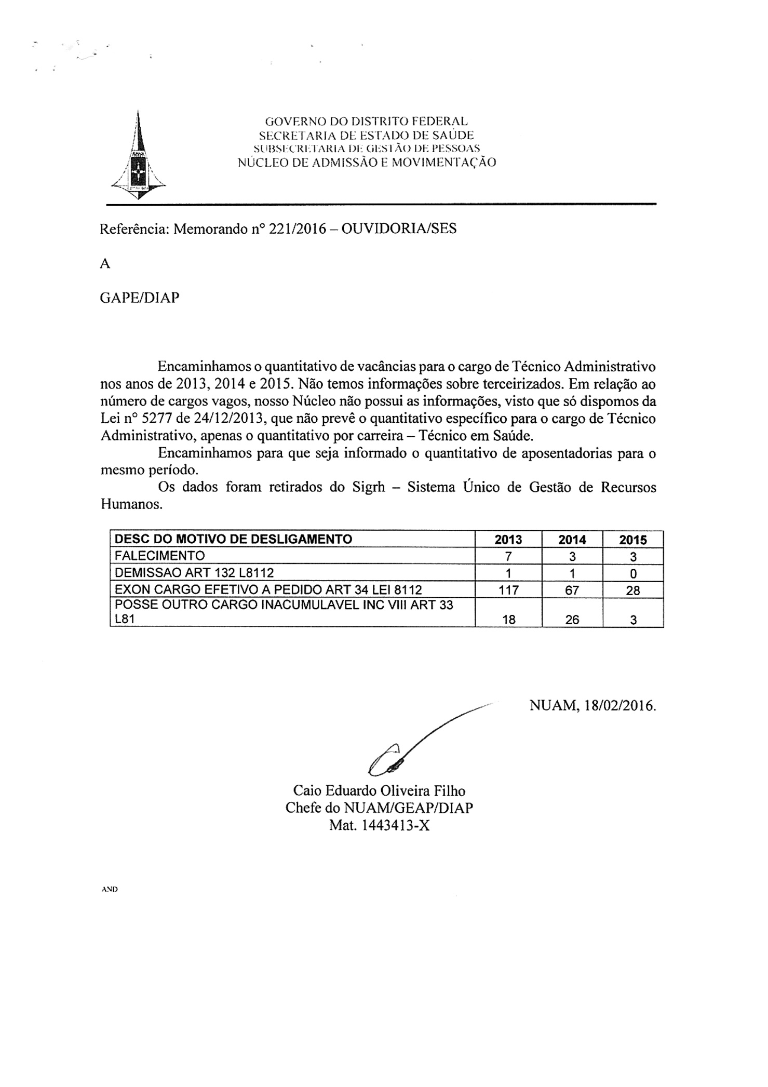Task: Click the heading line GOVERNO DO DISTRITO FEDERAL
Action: (366, 122)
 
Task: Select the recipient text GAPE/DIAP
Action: (139, 298)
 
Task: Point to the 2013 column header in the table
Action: (508, 540)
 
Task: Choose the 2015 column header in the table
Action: (633, 540)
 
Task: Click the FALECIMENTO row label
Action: (159, 556)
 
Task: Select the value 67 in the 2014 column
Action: (572, 590)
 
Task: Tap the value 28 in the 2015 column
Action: (633, 590)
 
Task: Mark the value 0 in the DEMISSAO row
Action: (633, 573)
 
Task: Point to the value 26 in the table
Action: (572, 620)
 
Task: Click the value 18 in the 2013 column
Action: (508, 620)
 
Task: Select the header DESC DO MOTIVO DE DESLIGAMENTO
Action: (233, 539)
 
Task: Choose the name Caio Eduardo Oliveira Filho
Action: (379, 791)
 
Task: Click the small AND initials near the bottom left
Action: (110, 889)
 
